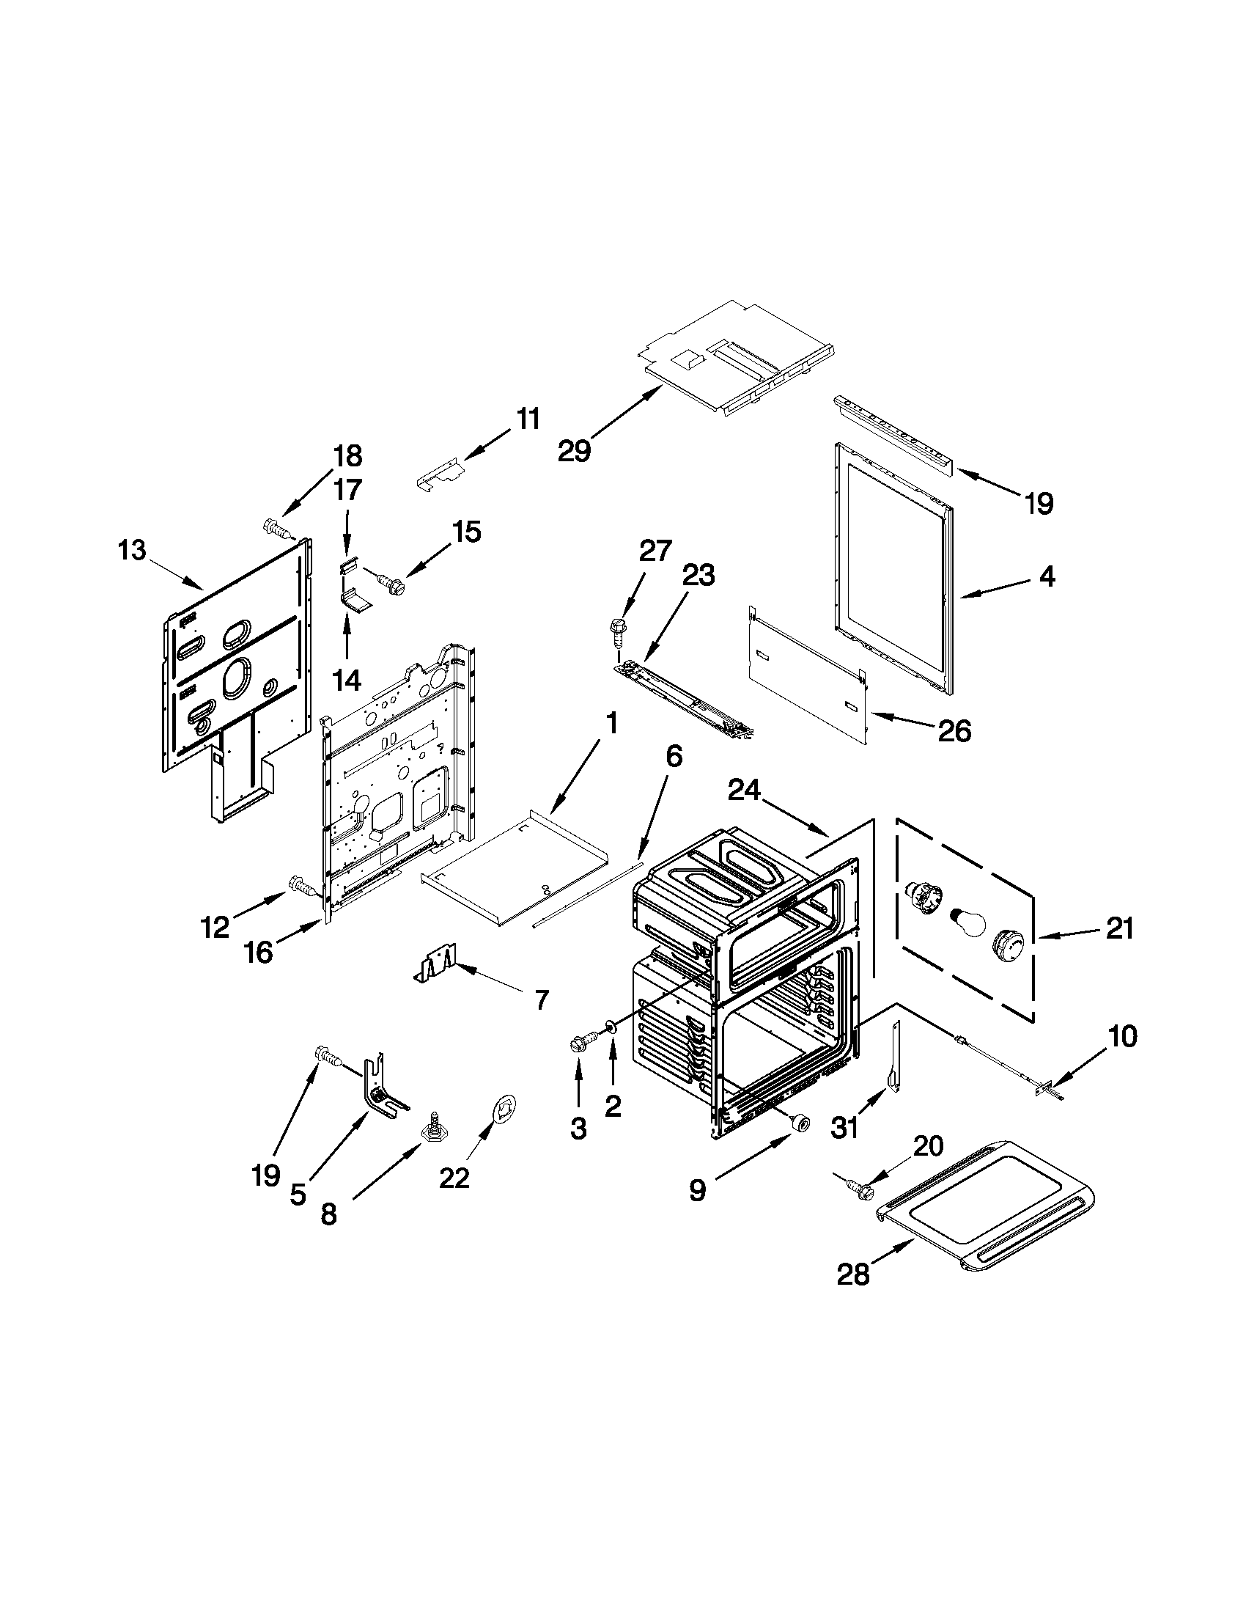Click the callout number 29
coord(574,450)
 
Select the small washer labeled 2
coord(612,1026)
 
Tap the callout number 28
coord(853,1274)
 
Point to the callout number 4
coord(1047,576)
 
